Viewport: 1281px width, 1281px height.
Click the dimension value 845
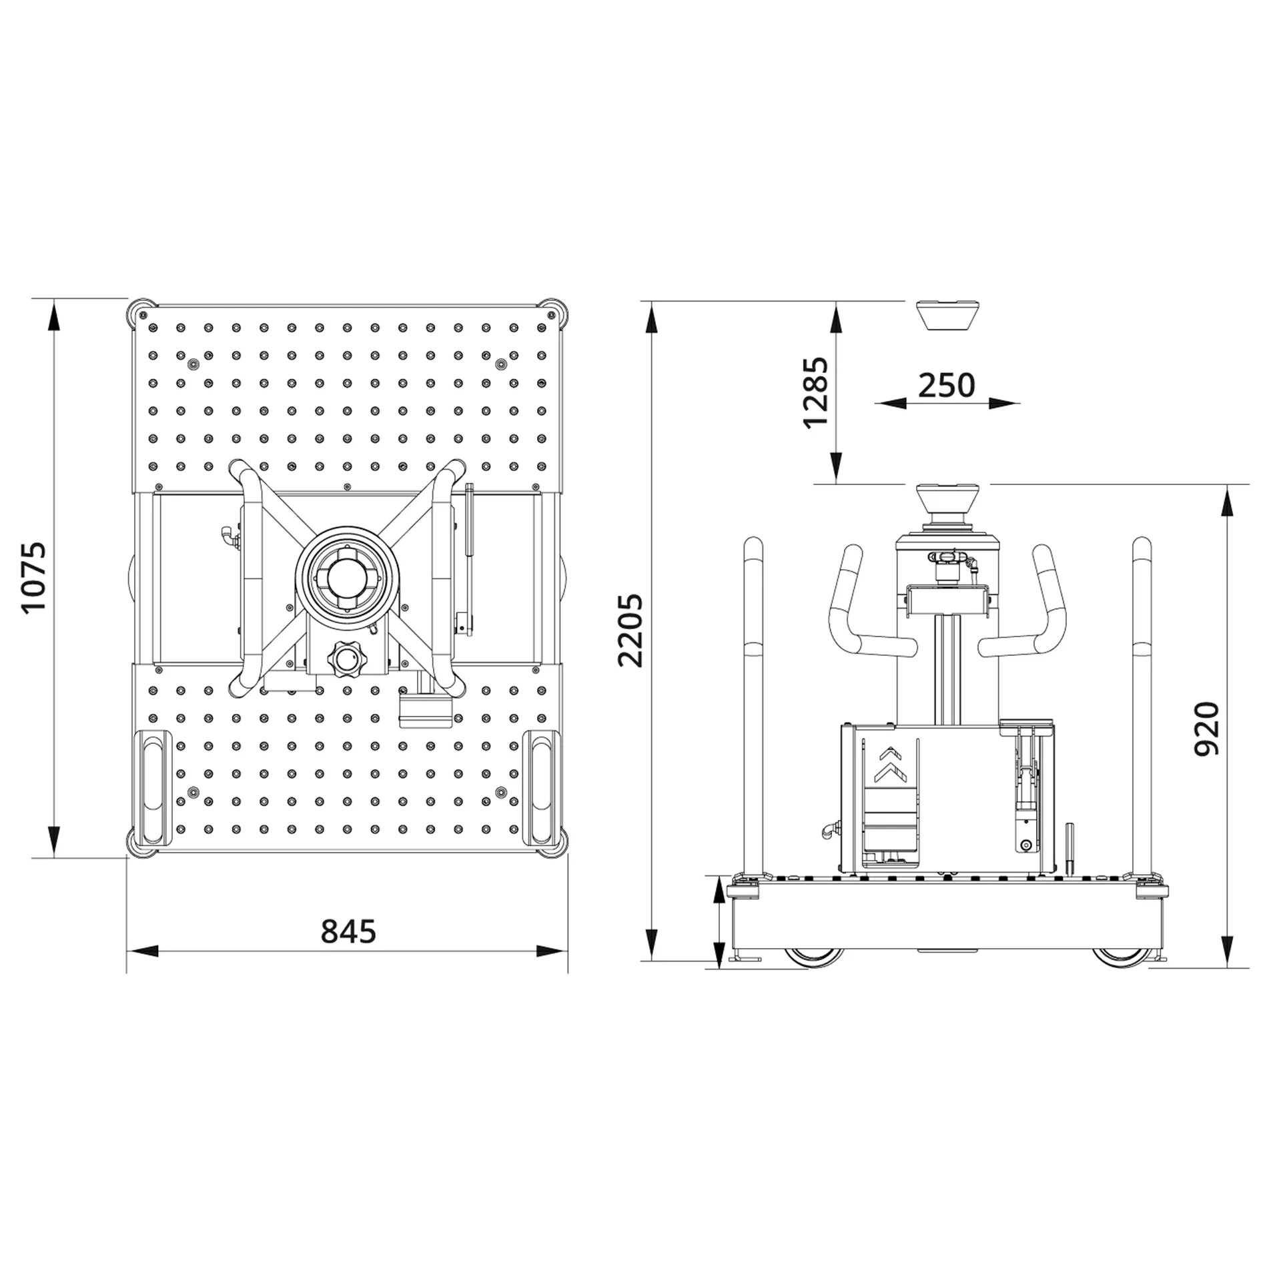click(x=348, y=931)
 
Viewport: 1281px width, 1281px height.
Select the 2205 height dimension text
click(x=630, y=630)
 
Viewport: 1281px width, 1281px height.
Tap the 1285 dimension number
click(x=815, y=392)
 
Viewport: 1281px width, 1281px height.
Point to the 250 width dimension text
click(x=947, y=385)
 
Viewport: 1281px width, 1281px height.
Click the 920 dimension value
click(x=1206, y=728)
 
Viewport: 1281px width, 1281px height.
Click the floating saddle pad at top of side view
click(x=947, y=315)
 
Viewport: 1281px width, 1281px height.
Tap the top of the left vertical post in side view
click(x=754, y=546)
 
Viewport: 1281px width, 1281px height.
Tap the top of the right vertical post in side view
click(x=1142, y=546)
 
